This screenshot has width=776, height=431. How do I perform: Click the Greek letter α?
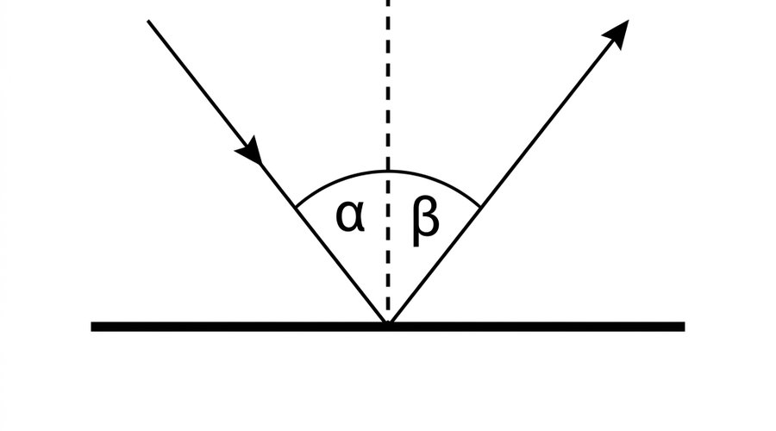[x=350, y=216]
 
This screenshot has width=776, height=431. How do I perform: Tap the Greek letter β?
[x=426, y=222]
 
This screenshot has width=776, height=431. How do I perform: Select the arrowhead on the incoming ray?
[x=250, y=150]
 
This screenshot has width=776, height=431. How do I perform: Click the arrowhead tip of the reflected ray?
[x=629, y=20]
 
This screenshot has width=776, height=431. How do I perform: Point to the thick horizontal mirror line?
[x=388, y=327]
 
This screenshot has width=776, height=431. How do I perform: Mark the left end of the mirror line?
[x=91, y=327]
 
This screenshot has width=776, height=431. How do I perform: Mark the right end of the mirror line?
[x=685, y=327]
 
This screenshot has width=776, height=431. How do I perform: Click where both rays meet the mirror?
[x=388, y=322]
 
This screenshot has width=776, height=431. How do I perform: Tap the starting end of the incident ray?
[x=148, y=21]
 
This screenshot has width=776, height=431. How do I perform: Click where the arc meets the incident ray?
[x=296, y=206]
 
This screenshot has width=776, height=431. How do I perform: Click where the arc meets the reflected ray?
[x=480, y=207]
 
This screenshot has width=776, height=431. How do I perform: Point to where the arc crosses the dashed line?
[x=388, y=172]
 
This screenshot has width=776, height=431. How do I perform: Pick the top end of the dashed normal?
[x=388, y=1]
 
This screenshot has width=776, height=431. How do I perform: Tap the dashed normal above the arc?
[x=388, y=85]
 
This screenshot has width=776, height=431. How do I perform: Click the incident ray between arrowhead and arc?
[x=278, y=184]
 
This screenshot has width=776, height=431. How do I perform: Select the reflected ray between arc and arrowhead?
[x=547, y=122]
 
